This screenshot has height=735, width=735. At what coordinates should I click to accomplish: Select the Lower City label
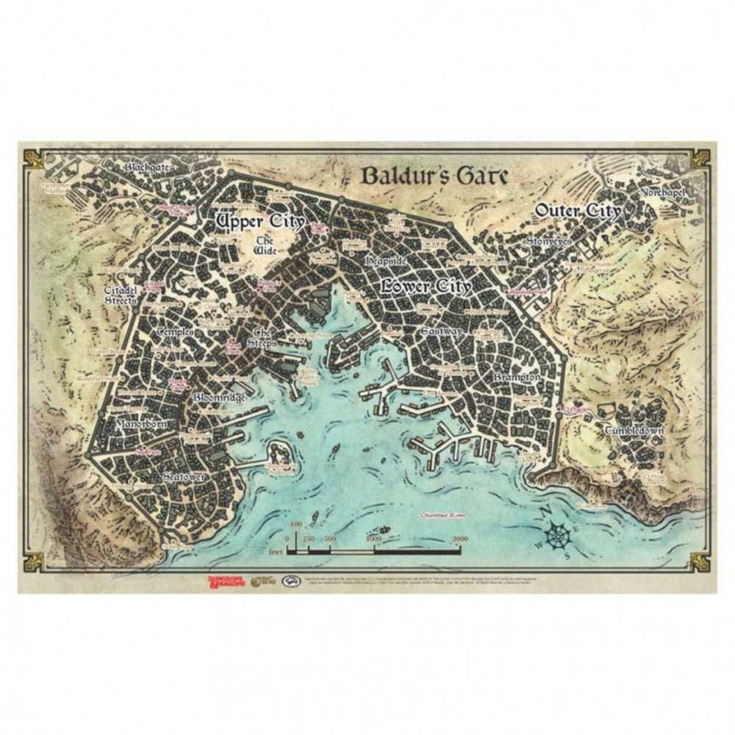[x=426, y=287]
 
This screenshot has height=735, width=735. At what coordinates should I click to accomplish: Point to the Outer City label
[x=578, y=211]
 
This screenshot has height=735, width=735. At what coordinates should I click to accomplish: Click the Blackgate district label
[x=146, y=167]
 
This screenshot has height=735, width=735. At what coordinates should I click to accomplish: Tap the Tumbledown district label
[x=634, y=431]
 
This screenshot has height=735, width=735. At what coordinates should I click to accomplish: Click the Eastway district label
[x=441, y=332]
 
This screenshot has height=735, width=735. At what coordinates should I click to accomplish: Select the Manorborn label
[x=141, y=424]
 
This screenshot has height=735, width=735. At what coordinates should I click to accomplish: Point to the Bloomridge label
[x=219, y=398]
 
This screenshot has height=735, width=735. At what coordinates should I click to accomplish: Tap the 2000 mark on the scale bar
[x=460, y=539]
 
